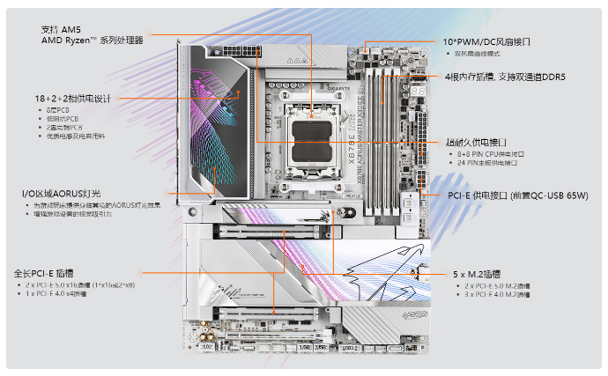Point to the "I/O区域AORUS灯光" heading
tap(63, 193)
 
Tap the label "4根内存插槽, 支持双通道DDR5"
tap(505, 77)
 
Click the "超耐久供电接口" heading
tap(476, 142)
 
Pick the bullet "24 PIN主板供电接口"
tap(494, 163)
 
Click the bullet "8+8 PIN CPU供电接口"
tap(493, 153)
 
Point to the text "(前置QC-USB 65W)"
tap(549, 195)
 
